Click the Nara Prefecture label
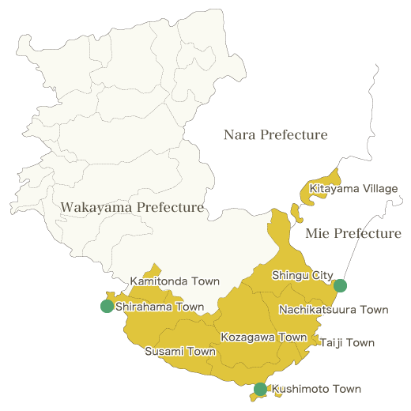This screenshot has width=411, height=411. [x=275, y=135]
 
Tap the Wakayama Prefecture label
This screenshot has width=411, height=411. [x=132, y=208]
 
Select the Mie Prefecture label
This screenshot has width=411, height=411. [x=353, y=234]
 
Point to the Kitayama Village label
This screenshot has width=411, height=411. [x=353, y=189]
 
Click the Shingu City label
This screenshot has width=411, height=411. [x=303, y=275]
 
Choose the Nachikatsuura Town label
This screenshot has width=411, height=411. [x=334, y=310]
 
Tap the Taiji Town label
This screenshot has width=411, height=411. [x=347, y=343]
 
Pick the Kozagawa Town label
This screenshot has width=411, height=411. [x=263, y=337]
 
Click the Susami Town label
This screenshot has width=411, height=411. [x=179, y=351]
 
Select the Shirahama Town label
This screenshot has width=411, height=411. [x=159, y=307]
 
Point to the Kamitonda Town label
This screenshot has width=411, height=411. [x=175, y=281]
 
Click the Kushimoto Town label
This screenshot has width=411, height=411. [x=316, y=389]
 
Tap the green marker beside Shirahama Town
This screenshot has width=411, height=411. [x=107, y=307]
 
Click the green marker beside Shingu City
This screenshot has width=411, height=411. [x=341, y=285]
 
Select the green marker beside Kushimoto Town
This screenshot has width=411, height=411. [x=260, y=389]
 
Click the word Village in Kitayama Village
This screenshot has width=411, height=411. [x=379, y=189]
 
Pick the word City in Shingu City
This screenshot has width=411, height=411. [x=323, y=275]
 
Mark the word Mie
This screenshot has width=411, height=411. [x=318, y=234]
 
